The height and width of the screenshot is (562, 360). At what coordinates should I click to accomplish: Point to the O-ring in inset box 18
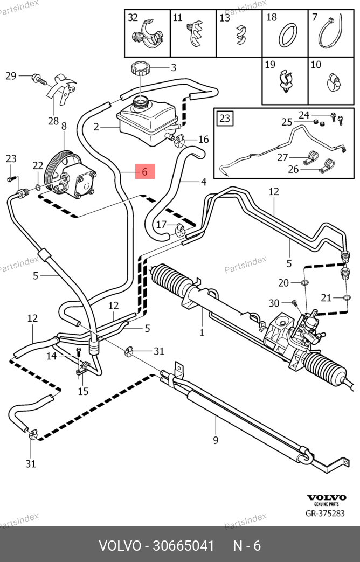(x=285, y=35)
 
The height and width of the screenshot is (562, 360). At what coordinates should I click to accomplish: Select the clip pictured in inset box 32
(x=147, y=36)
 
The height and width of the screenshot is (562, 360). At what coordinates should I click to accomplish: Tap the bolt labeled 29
(x=39, y=79)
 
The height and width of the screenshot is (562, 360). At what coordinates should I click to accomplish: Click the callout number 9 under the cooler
(x=216, y=440)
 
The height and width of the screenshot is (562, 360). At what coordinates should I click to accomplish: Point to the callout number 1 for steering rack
(x=202, y=332)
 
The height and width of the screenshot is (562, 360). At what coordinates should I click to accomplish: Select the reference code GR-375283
(x=326, y=513)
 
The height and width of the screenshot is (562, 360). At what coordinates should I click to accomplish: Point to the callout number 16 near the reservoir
(x=203, y=140)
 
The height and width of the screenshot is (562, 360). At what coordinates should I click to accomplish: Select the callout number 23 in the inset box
(x=225, y=119)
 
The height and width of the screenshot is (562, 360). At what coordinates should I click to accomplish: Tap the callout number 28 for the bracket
(x=53, y=121)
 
